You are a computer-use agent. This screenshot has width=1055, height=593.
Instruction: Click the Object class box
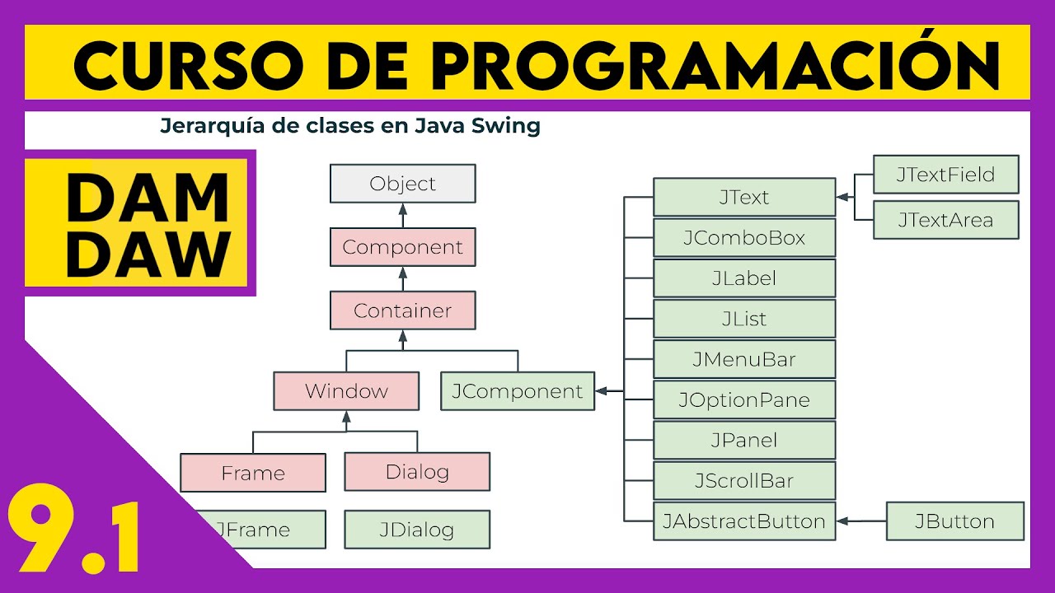pos(402,184)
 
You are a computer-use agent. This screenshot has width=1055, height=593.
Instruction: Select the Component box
pos(402,247)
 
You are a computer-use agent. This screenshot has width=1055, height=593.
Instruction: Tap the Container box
pos(402,311)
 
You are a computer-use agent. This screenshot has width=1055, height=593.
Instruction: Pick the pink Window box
pos(346,391)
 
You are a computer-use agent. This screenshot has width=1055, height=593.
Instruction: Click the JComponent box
pos(517,391)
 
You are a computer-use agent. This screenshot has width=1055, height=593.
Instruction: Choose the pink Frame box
pos(253,473)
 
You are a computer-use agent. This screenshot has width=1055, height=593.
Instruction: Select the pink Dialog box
pos(417,472)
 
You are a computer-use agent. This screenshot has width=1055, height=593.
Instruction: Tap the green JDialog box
pos(417,530)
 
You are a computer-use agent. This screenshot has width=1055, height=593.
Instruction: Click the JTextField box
pos(945,175)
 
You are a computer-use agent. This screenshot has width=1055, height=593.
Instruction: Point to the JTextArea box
pos(945,220)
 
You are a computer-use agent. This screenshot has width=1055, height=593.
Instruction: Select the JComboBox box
pos(744,238)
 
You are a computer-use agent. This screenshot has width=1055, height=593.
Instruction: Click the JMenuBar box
pos(744,360)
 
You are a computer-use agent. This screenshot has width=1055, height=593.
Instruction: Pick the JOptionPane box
pos(744,400)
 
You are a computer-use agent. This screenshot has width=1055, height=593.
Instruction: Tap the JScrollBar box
pos(744,481)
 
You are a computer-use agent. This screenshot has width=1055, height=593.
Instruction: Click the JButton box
pos(954,521)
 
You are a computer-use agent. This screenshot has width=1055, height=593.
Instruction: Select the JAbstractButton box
pos(744,521)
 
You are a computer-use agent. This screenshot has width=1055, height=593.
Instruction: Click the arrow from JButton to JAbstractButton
pos(861,521)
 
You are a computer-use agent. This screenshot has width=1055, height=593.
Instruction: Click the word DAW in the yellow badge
pos(147,253)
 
